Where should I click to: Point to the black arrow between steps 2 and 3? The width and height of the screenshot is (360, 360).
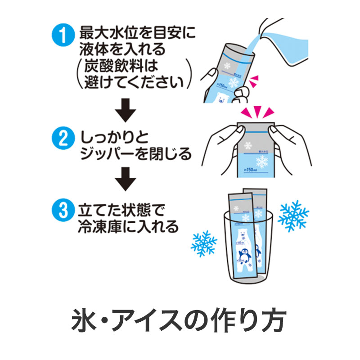pyautogui.click(x=126, y=180)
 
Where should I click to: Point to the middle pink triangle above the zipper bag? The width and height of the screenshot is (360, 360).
pyautogui.click(x=256, y=112)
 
